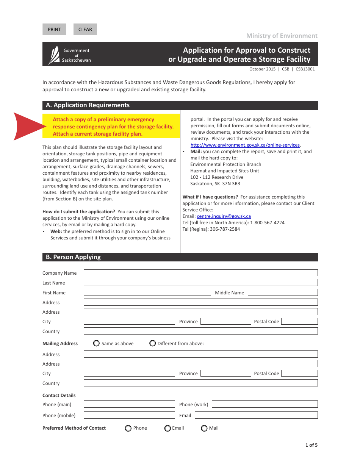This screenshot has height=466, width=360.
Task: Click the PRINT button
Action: pos(54,30)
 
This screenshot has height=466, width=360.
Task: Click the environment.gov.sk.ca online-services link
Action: pos(245,145)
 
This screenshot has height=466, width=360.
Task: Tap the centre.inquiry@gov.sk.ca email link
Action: pos(224,216)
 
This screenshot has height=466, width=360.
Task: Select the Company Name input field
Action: pos(200,273)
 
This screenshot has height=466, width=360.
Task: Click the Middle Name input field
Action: pos(283,292)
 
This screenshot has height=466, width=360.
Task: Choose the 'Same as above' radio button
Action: pos(96,343)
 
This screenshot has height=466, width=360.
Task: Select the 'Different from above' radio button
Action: pos(152,343)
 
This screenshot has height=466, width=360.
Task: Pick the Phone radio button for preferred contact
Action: pos(128,428)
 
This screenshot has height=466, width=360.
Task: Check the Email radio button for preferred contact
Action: pos(167,428)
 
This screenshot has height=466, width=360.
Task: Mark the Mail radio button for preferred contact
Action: pos(204,428)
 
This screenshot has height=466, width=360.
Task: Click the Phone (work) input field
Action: pos(265,404)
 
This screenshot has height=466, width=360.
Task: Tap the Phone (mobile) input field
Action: pos(129,415)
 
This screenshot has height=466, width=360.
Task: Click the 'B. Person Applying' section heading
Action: pos(74,257)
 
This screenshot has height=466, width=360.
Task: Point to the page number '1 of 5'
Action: pos(311,445)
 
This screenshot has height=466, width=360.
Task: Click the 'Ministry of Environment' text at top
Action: pos(282,36)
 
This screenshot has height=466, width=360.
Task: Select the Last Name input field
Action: pos(200,283)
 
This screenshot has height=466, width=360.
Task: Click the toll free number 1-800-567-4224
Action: pos(267,223)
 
